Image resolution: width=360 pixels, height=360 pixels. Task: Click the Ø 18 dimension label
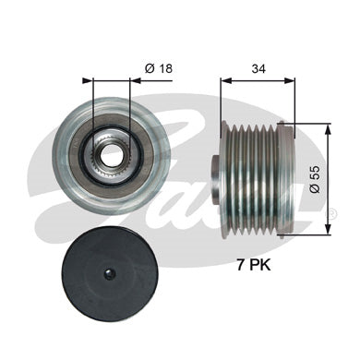tap(159, 68)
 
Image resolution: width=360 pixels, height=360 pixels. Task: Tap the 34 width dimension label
tap(258, 68)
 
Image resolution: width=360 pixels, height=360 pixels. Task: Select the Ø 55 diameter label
tap(315, 179)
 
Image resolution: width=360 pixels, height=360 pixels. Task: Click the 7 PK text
tap(254, 265)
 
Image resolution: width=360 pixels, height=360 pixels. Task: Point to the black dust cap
tap(110, 273)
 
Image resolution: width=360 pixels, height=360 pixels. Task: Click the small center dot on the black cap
tap(109, 272)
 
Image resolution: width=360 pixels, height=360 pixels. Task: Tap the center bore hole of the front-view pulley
tap(109, 155)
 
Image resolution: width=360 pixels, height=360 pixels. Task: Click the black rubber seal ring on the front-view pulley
tap(112, 154)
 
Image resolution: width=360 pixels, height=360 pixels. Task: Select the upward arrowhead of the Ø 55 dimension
tap(328, 129)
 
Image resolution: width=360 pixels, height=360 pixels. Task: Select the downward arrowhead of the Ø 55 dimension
tap(328, 229)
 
